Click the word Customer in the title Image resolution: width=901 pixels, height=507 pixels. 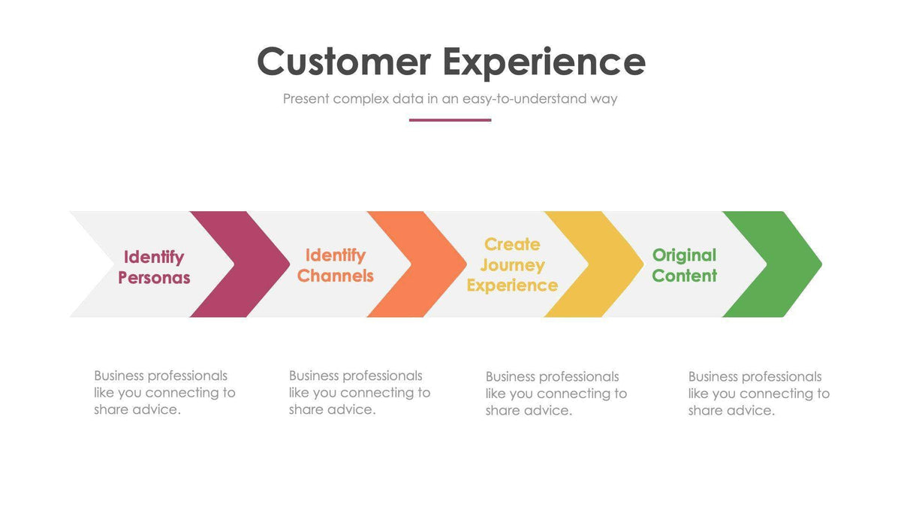[343, 62]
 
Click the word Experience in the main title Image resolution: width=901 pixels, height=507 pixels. [544, 63]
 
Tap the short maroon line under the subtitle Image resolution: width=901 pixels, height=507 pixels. [450, 119]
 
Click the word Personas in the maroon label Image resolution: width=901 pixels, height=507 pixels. [154, 278]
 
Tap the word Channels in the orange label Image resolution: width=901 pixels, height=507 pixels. [335, 276]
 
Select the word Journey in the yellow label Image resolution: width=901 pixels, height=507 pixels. [512, 265]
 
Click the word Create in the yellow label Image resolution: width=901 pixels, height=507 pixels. [512, 244]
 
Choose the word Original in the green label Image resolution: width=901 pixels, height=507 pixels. [684, 255]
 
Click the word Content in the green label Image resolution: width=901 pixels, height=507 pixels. [684, 276]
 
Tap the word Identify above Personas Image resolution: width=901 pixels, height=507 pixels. [154, 257]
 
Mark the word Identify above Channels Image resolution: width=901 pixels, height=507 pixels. [335, 255]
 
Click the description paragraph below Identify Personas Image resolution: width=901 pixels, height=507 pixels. [164, 392]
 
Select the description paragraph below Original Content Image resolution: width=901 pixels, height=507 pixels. [758, 393]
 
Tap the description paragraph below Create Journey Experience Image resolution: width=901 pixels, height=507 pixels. [556, 393]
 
